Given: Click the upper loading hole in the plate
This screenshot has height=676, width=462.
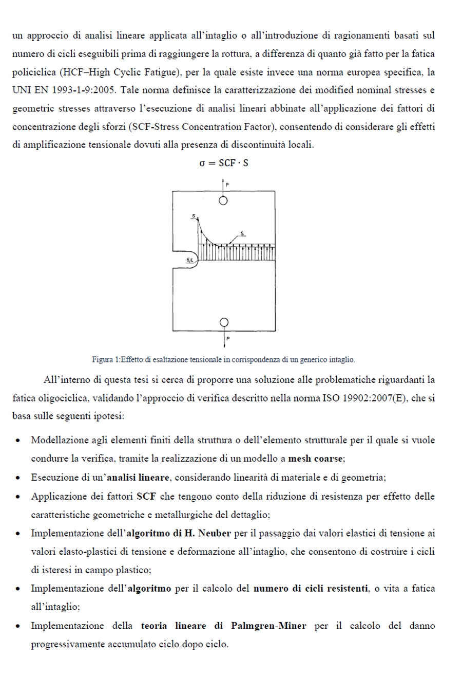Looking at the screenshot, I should (x=223, y=200).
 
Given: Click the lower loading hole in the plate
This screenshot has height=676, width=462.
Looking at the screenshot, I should (x=224, y=322).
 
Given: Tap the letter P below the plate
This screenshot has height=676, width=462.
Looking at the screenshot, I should (x=228, y=339).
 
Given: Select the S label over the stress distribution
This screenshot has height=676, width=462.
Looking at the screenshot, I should (x=242, y=234).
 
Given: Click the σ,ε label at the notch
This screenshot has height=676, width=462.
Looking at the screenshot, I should (x=190, y=261).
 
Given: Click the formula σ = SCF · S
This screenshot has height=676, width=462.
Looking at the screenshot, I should (x=223, y=163).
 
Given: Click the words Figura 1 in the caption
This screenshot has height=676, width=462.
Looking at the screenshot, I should (x=104, y=359).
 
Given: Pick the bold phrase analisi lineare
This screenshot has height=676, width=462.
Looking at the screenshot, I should (x=138, y=478).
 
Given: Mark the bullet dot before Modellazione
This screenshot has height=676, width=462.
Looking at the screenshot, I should (x=18, y=441).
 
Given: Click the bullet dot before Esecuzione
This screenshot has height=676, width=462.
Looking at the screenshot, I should (x=18, y=478).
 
